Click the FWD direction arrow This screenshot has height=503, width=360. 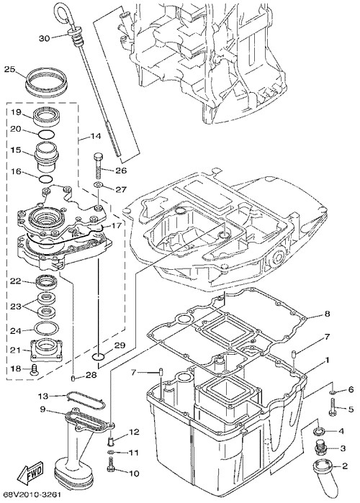(x=30, y=473)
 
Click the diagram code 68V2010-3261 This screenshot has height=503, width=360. (x=32, y=495)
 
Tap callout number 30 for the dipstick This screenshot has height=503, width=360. (x=45, y=38)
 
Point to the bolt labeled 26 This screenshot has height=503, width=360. (x=98, y=166)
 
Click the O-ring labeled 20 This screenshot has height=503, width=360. (x=46, y=135)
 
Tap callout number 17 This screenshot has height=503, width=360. (x=116, y=225)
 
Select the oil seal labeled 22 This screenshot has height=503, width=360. (x=46, y=281)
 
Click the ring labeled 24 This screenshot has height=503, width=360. (x=46, y=328)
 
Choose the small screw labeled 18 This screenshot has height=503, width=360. (x=33, y=370)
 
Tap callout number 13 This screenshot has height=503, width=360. (x=43, y=396)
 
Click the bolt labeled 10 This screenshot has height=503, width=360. (x=110, y=465)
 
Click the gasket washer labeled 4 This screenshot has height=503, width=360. (x=319, y=431)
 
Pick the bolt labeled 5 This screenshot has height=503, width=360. (x=333, y=407)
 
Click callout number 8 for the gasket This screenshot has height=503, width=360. (x=327, y=314)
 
